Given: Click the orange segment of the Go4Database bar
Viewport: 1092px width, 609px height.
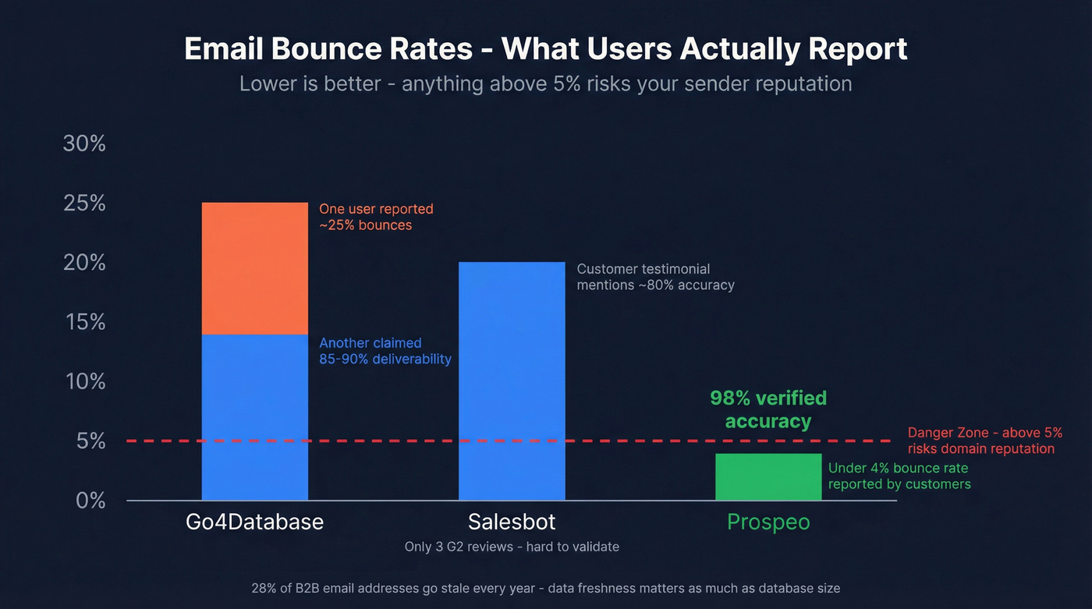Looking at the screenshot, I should (x=254, y=268).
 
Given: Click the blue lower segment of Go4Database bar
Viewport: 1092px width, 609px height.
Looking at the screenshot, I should (x=254, y=417).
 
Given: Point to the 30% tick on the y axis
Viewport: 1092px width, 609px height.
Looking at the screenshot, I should (x=84, y=143).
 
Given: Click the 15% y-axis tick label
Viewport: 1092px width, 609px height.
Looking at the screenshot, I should (x=84, y=322).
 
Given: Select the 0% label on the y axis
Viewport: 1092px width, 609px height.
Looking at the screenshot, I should (x=90, y=501).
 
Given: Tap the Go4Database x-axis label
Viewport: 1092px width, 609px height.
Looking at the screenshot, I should (x=254, y=522).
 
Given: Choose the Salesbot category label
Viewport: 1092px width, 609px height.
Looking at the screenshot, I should (x=512, y=522).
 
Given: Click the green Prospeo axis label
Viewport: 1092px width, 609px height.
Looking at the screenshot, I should (x=768, y=522).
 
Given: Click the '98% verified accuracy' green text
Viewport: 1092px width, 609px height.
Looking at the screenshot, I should (x=768, y=409).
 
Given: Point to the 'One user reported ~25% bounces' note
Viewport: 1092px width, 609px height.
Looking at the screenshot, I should (x=376, y=217).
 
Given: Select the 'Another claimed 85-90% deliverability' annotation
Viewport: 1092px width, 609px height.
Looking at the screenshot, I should (x=385, y=351).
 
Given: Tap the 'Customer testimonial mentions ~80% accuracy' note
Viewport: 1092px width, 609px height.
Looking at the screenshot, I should (x=655, y=277).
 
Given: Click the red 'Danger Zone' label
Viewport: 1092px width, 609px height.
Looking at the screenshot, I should (x=984, y=441).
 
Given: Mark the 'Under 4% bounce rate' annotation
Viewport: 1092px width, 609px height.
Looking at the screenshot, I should (x=899, y=476).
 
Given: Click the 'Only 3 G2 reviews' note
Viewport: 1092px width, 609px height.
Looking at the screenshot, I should (x=512, y=547).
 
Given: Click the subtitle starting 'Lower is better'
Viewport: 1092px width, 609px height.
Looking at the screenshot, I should (x=545, y=83).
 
